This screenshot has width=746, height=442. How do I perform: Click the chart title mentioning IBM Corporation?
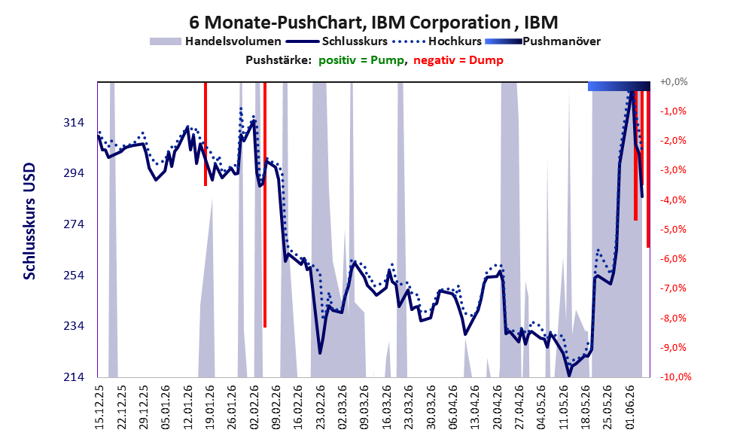tap(373, 22)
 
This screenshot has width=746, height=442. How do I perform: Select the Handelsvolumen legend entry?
tap(215, 41)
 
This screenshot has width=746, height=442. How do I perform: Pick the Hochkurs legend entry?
tap(437, 41)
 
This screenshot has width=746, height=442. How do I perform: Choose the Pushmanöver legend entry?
tap(543, 41)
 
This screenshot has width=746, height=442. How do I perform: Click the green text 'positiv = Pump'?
tap(361, 60)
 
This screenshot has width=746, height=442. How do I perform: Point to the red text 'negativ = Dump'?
tap(458, 60)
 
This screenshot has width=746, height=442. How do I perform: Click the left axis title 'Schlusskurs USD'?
tap(29, 221)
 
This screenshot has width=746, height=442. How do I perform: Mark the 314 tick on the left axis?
tap(74, 123)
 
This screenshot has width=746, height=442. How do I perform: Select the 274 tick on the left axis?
tap(74, 224)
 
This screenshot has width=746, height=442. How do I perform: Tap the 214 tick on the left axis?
tap(74, 376)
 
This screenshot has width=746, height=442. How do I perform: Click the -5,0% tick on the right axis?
tap(673, 230)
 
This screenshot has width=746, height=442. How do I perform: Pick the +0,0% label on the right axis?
tap(674, 82)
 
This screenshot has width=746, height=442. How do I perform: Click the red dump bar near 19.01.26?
tap(206, 134)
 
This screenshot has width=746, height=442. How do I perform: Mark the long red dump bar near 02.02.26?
tap(265, 205)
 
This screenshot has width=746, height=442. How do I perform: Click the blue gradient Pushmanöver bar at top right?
tap(619, 86)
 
